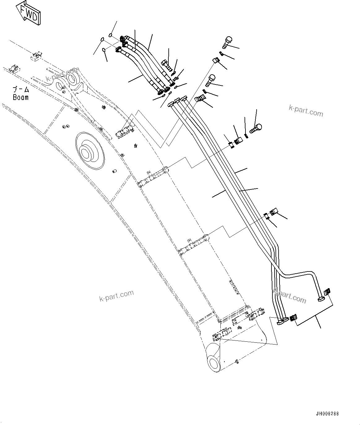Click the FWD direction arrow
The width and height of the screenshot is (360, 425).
click(29, 13)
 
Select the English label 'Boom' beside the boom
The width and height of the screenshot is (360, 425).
click(20, 97)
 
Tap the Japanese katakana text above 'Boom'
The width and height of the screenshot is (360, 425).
click(21, 90)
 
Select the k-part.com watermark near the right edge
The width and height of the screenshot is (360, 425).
click(306, 111)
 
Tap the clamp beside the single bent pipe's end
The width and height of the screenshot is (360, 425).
click(327, 292)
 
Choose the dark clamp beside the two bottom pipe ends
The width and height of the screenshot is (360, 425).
click(293, 318)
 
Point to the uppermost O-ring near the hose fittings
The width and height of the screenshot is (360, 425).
click(111, 34)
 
